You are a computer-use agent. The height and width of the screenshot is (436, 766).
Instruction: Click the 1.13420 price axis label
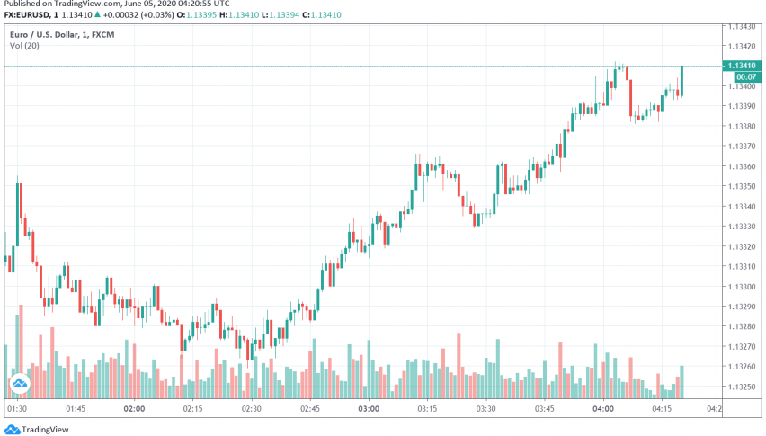[744, 46]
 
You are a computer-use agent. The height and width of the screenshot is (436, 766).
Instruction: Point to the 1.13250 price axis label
[744, 387]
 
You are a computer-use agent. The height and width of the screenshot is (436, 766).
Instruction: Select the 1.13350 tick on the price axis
[744, 186]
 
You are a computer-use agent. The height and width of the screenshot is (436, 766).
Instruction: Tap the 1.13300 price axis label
[744, 287]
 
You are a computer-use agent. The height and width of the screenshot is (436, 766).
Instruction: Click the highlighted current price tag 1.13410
[744, 66]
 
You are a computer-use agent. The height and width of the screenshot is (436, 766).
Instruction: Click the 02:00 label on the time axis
[134, 407]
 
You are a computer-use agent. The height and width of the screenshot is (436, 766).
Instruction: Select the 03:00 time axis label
[369, 407]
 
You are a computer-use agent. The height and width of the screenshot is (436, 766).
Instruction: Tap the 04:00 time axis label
[603, 407]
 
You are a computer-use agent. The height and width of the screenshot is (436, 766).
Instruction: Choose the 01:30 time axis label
[16, 407]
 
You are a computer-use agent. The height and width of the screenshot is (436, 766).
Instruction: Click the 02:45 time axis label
[310, 407]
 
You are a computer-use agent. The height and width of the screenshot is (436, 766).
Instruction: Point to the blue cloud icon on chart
[19, 385]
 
